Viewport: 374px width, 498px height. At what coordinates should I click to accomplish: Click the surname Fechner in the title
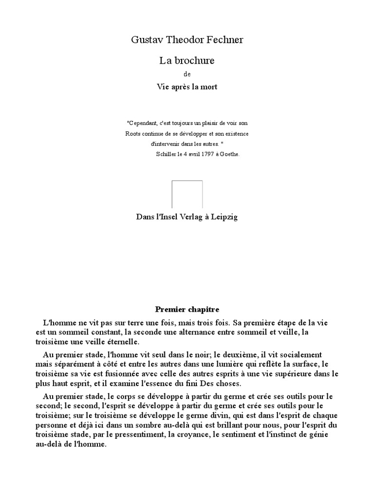click(223, 40)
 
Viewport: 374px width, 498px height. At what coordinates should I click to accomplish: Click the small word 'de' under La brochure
click(187, 74)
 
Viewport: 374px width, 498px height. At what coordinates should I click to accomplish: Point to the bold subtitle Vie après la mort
click(187, 87)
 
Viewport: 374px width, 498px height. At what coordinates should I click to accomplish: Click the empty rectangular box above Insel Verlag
click(187, 195)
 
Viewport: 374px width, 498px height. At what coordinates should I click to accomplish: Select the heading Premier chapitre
click(187, 309)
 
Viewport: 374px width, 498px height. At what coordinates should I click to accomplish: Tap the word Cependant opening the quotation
click(145, 123)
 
